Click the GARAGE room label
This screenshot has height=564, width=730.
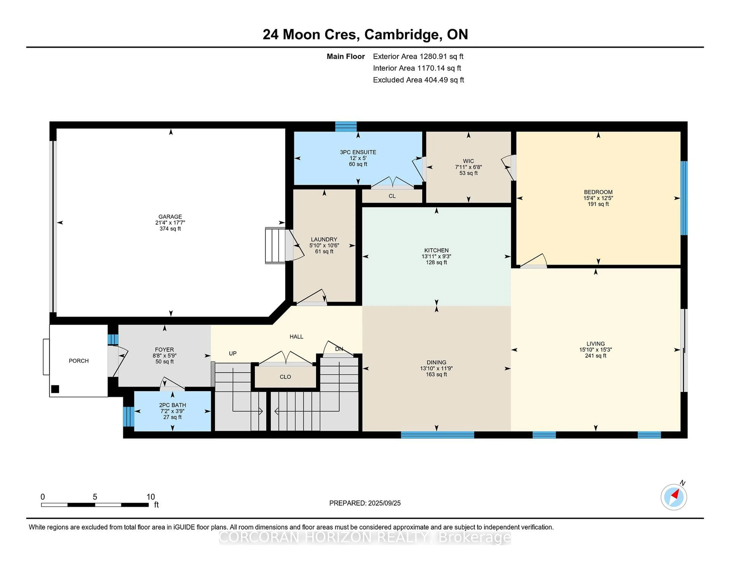(170, 216)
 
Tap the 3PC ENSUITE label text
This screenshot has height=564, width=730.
(358, 152)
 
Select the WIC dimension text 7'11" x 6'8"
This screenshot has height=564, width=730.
(468, 167)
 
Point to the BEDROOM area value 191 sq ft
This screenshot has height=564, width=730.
(598, 204)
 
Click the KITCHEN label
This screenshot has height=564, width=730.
(436, 250)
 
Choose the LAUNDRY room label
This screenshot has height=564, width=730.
(324, 239)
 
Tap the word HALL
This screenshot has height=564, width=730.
(296, 337)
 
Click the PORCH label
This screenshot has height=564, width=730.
(79, 360)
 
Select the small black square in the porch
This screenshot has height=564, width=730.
(55, 389)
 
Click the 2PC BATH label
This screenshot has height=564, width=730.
(172, 405)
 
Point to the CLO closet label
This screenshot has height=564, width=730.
(285, 377)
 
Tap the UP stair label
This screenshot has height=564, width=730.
(233, 353)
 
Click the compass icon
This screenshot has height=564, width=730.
(674, 497)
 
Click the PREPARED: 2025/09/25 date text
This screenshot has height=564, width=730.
(365, 503)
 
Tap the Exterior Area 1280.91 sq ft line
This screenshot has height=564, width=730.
(418, 56)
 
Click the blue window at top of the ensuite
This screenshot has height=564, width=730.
(346, 127)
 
